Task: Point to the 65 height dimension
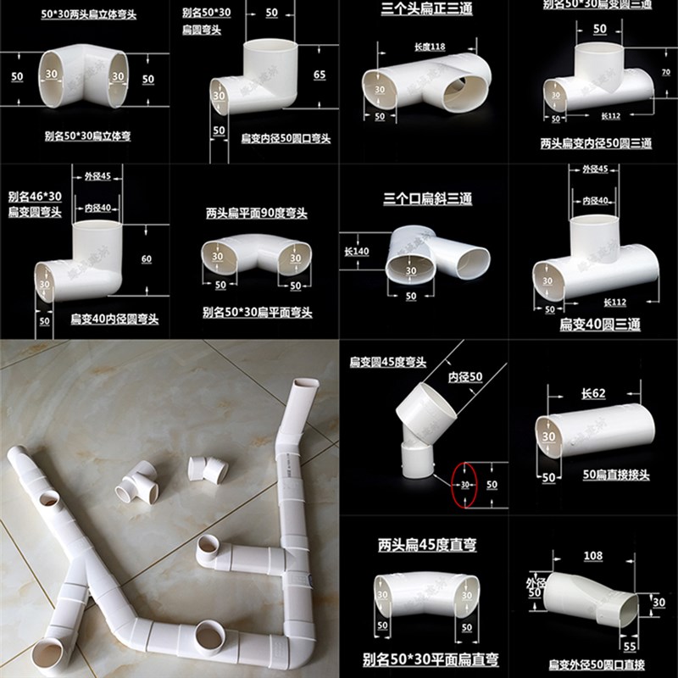(x=319, y=75)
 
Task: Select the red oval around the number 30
(x=464, y=485)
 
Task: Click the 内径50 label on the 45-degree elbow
(x=464, y=375)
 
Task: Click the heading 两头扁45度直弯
(x=423, y=545)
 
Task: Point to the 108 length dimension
(x=593, y=556)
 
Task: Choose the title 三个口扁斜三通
(x=427, y=199)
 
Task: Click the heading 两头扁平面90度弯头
(x=256, y=214)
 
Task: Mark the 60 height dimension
(x=147, y=258)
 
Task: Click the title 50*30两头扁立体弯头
(x=88, y=14)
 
